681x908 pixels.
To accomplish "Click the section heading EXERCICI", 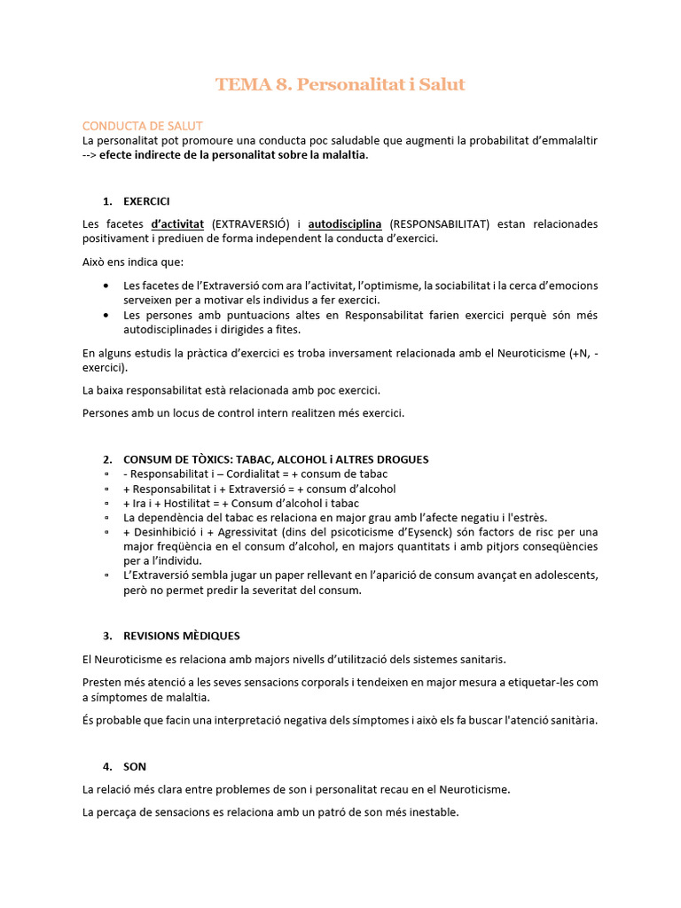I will click(x=146, y=201).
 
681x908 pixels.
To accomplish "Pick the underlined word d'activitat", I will click(x=177, y=224).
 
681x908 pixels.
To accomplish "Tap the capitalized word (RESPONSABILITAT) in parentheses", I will click(x=439, y=224).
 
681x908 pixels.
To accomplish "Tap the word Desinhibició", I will click(x=166, y=532).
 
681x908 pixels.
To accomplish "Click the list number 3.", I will click(x=106, y=636).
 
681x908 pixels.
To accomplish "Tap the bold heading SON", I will click(x=135, y=766).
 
